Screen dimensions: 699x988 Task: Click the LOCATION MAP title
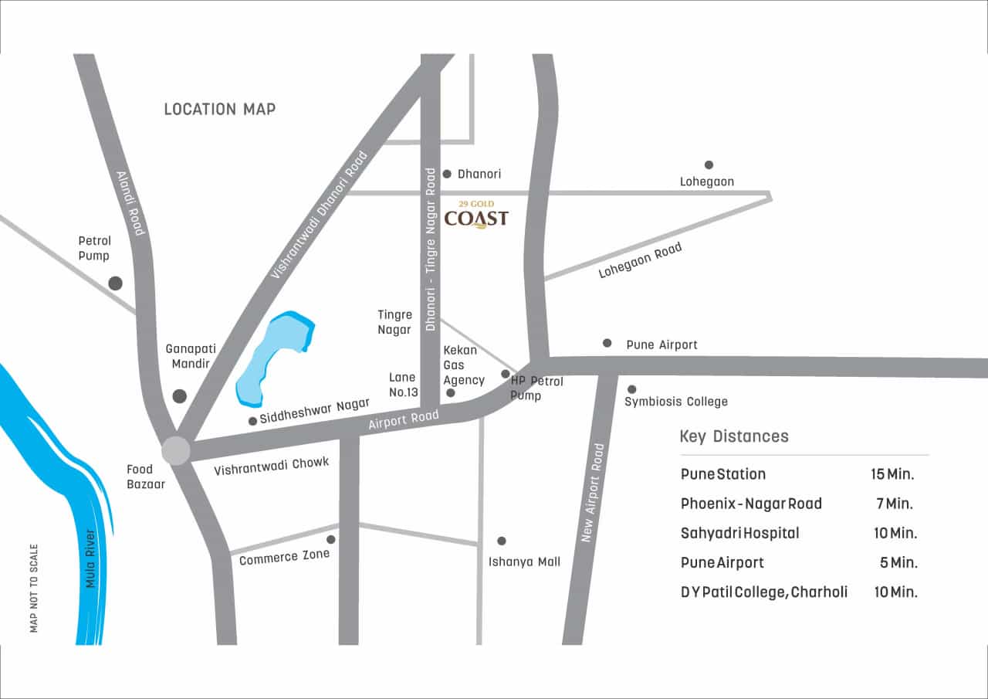click(220, 110)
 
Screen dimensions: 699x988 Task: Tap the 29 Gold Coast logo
click(476, 215)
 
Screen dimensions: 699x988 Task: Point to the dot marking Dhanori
click(447, 174)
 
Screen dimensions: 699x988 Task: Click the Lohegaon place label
click(706, 182)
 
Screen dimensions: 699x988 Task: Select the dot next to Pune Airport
click(607, 343)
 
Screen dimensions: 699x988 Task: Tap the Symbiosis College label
click(676, 402)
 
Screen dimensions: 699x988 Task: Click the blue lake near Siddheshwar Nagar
click(274, 358)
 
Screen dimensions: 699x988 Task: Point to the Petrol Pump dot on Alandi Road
click(116, 283)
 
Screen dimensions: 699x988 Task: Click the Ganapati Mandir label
click(188, 356)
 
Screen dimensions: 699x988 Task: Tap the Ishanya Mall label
click(524, 562)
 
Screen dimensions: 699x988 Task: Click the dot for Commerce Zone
click(331, 539)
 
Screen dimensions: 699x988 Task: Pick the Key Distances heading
click(734, 436)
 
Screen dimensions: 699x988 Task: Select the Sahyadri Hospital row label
click(739, 533)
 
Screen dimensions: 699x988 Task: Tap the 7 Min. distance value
click(895, 504)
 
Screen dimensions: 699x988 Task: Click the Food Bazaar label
click(140, 477)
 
